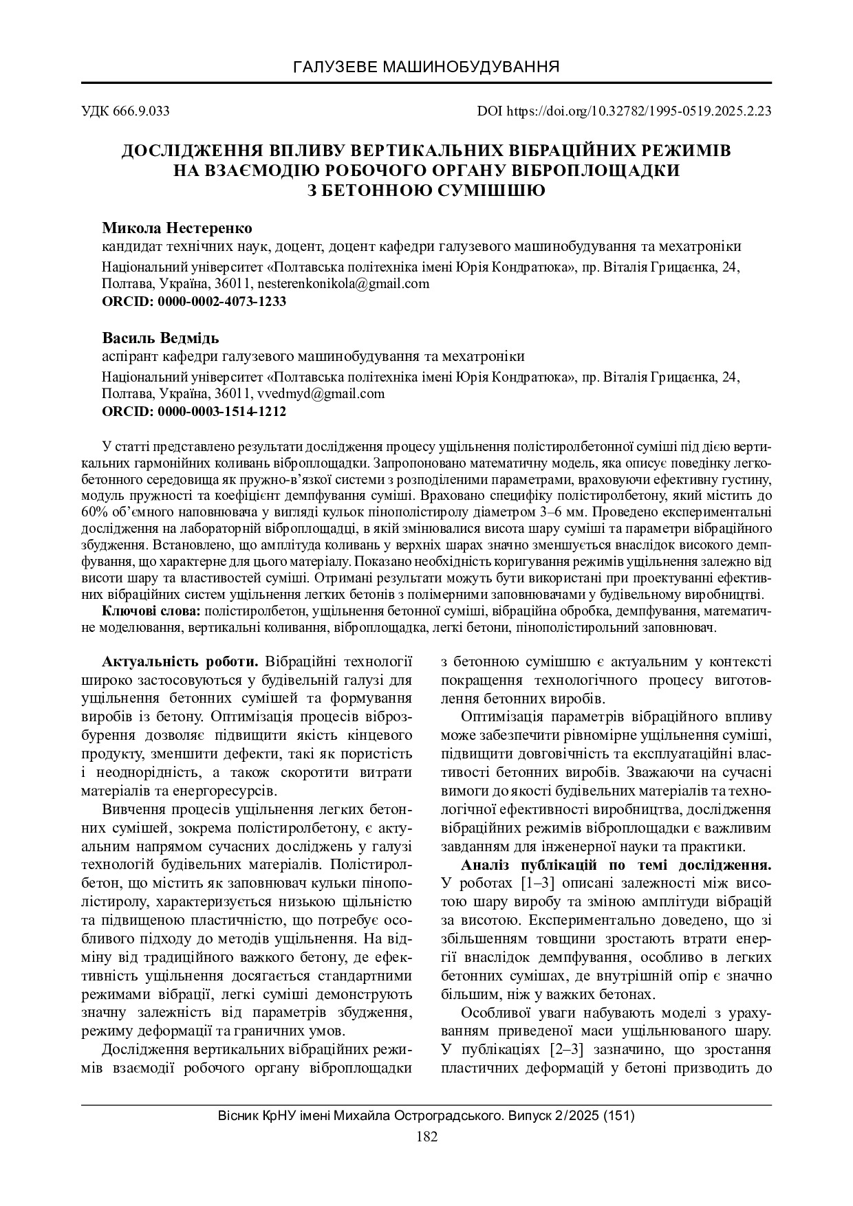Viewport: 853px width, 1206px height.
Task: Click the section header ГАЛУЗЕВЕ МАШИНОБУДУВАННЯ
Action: [x=426, y=67]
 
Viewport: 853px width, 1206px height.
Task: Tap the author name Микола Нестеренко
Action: [x=177, y=228]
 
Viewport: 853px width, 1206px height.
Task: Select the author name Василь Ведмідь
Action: [x=160, y=338]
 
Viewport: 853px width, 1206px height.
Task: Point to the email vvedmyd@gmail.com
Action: [x=320, y=394]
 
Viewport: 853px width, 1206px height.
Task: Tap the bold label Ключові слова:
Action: [x=151, y=610]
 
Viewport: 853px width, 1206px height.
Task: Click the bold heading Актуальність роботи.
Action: [x=180, y=662]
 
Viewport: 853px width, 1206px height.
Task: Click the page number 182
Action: [x=426, y=1137]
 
